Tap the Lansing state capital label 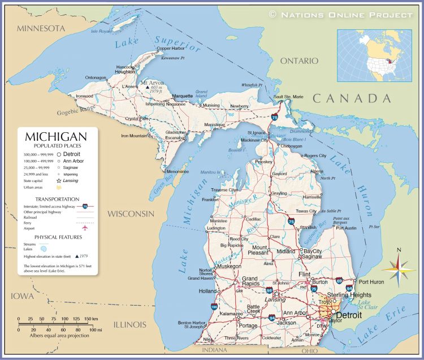275,300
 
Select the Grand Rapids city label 250,281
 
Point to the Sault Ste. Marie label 288,97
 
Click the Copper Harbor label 171,49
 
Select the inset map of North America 375,55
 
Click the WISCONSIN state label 131,214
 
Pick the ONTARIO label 300,60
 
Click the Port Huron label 371,281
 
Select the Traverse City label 224,190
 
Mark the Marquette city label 181,96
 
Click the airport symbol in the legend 86,228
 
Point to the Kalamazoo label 231,313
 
